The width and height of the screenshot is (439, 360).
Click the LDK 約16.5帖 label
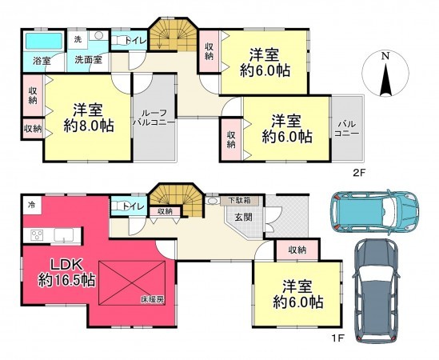67,272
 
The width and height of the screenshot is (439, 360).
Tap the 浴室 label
41,60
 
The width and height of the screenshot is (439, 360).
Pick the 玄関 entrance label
239,216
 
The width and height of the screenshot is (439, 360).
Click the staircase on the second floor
175,35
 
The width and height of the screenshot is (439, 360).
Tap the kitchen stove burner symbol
37,234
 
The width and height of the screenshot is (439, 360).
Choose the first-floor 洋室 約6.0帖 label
297,294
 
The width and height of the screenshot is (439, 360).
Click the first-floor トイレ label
133,206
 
